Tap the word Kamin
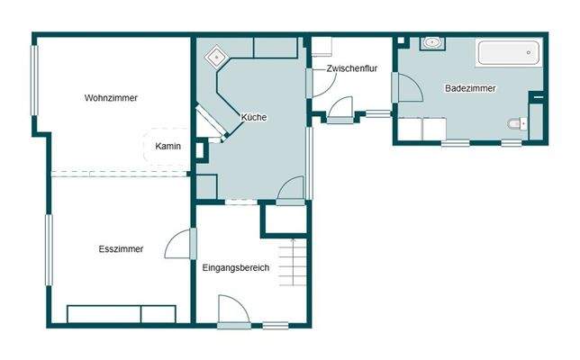coord(168,146)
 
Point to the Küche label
coord(254,117)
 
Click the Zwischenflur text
coord(351,68)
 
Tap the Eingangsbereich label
coord(236,267)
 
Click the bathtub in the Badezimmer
coord(508,52)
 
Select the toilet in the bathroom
coord(516,124)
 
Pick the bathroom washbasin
coord(431,42)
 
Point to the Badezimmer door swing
coord(407,88)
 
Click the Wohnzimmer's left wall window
coord(36,85)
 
